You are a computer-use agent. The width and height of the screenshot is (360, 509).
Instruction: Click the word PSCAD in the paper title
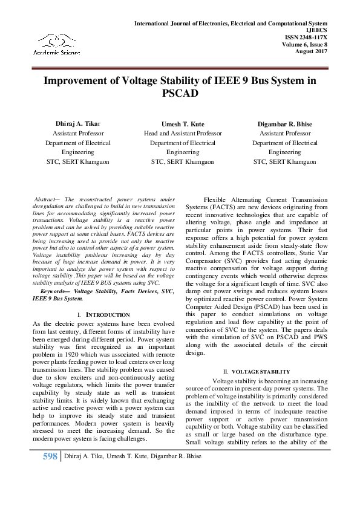(180, 94)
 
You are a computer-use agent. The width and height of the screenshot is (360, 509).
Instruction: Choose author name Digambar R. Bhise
(284, 124)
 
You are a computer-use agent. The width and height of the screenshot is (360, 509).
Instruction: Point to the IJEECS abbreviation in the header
(316, 30)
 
